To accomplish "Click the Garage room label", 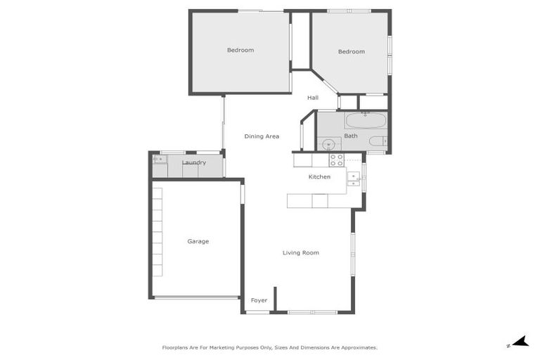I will tap(198, 241).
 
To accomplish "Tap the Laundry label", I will tap(193, 163).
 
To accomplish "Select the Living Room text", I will tap(301, 252).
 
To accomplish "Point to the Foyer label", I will tap(259, 300).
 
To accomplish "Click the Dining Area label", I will tap(262, 136).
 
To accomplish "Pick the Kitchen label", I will tap(319, 176).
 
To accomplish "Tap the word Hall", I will tap(313, 98).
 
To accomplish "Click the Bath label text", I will tap(351, 136).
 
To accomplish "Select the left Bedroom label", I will tap(240, 50).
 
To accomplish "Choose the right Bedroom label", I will tap(351, 51).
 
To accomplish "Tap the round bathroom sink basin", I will tap(328, 145).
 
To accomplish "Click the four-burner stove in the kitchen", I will tap(336, 160).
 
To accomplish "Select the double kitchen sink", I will tap(355, 179).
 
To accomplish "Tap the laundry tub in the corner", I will tap(160, 160).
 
